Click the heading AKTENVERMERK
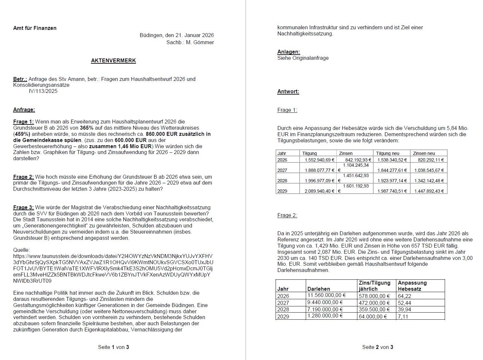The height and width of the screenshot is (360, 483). coord(113,61)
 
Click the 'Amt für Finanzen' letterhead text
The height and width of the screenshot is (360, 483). coord(35,28)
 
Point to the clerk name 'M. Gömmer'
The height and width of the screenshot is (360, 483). coord(200,42)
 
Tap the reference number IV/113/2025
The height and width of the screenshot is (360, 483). coord(43,91)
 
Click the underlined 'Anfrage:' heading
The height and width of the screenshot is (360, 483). coord(24,110)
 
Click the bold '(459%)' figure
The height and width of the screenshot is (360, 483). coord(22,134)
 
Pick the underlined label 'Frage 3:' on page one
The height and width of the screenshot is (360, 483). coord(23,208)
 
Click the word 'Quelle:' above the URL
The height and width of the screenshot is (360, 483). coord(21,250)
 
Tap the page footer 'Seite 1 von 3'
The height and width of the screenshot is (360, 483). coord(113,347)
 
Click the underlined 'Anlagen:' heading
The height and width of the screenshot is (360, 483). coord(289,52)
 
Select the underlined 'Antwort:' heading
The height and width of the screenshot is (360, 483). coord(288,92)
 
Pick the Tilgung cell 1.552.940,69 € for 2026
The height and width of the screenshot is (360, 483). coord(319,160)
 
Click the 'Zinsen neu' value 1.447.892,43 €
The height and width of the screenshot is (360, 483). coord(429,191)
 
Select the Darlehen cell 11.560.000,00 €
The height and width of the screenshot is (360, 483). coord(327,295)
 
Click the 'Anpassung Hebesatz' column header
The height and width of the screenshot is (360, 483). coord(412,286)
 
